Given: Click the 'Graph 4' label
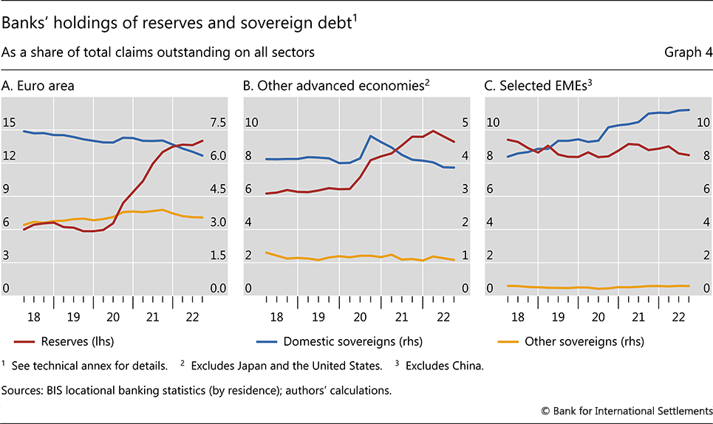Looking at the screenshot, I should click(687, 52).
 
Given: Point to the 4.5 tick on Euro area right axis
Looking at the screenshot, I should click(219, 189).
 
